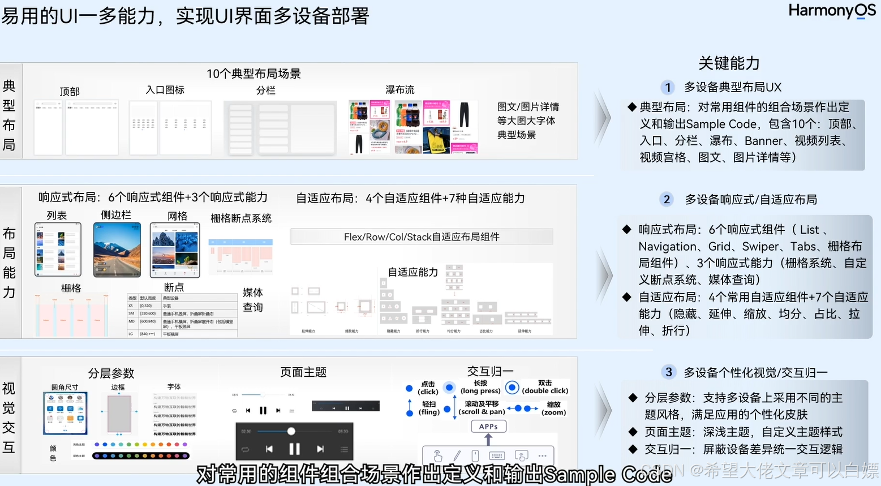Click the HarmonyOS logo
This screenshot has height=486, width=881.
(831, 11)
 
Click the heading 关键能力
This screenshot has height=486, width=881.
(729, 63)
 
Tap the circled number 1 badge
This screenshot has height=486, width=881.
(668, 87)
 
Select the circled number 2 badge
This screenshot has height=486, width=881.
(667, 199)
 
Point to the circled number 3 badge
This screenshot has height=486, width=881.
(669, 372)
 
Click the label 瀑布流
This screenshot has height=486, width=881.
(399, 89)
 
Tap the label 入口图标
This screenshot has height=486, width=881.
(165, 89)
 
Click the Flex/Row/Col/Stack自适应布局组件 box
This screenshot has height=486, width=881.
(422, 236)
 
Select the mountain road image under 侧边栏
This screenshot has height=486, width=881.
(117, 250)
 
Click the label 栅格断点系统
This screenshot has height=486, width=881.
(241, 218)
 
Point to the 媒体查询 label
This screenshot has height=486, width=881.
(252, 300)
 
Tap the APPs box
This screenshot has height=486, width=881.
(488, 427)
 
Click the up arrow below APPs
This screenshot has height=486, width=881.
(488, 439)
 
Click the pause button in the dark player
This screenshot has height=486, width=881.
(294, 449)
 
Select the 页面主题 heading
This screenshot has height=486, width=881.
(303, 372)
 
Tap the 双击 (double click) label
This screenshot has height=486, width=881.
(545, 387)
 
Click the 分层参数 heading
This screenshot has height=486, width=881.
(111, 373)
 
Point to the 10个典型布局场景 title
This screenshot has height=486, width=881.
(253, 74)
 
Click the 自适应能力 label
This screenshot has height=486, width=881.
(412, 272)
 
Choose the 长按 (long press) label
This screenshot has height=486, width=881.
(480, 387)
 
